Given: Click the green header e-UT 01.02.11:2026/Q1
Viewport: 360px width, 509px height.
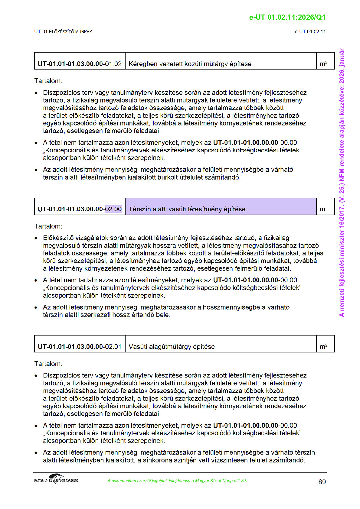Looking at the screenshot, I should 287,17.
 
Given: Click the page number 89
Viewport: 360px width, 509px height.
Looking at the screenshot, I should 322,482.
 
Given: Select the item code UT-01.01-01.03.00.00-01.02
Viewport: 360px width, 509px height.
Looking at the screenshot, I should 80,64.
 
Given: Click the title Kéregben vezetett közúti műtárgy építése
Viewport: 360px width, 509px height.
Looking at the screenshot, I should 190,64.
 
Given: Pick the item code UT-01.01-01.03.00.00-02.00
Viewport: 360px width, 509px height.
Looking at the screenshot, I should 80,209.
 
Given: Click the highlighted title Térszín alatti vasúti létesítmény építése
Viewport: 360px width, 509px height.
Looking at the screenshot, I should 187,209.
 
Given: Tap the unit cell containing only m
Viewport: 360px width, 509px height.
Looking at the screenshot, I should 322,209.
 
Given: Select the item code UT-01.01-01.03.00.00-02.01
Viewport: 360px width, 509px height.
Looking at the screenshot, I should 80,346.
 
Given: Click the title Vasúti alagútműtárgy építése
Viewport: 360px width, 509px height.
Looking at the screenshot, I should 172,346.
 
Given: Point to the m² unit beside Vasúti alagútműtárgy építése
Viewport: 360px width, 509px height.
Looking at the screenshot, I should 323,346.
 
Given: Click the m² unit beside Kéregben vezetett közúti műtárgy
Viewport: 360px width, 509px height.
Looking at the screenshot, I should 323,64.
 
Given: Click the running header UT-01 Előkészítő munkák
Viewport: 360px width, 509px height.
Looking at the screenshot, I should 63,31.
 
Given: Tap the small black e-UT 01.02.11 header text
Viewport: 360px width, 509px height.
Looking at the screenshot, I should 310,31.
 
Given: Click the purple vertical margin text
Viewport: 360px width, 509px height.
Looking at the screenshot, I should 342,183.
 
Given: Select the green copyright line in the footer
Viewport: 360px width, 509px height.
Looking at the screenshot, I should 177,481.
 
